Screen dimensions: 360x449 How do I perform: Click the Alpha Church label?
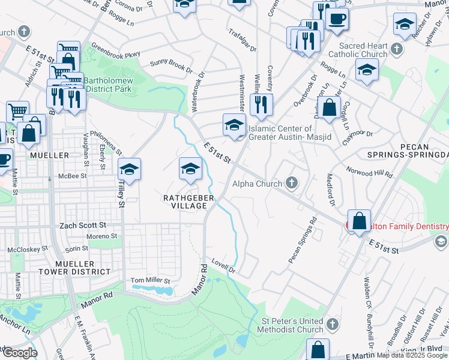pos(257,184)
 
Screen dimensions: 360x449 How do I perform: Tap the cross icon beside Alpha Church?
pos(292,183)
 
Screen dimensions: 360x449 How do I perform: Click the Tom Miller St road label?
pos(151,280)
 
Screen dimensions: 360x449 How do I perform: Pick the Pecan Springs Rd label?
pos(303,240)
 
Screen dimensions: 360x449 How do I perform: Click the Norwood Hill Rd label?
pos(370,172)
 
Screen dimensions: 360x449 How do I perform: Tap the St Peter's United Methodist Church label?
pos(291,325)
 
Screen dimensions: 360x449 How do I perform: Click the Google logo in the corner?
pos(19,353)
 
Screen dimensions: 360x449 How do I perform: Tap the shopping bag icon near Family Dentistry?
pos(359,220)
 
